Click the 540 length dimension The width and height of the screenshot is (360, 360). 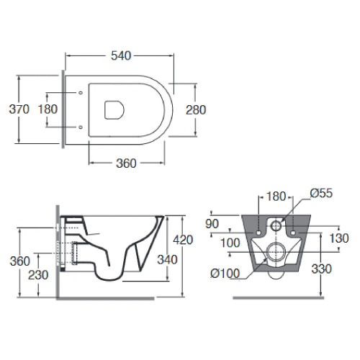[x=121, y=55]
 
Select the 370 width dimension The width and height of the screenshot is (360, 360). [x=19, y=109]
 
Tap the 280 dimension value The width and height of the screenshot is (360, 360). [x=196, y=110]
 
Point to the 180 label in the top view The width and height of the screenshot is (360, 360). [x=48, y=109]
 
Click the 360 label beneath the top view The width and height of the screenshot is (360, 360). [x=126, y=163]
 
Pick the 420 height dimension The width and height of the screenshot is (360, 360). [x=183, y=240]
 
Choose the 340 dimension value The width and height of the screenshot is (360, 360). [x=167, y=259]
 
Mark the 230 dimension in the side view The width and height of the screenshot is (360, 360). [x=38, y=275]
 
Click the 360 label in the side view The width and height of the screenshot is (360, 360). [x=20, y=261]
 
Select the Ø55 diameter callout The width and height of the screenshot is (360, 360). [x=321, y=193]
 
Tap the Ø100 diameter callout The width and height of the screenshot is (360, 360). [x=225, y=273]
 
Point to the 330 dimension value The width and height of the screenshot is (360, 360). [x=322, y=269]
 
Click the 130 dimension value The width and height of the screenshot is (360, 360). [x=339, y=238]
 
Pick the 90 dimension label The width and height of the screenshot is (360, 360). [x=212, y=224]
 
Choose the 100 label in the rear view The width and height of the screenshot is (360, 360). [x=230, y=243]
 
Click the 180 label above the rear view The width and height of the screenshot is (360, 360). [x=276, y=197]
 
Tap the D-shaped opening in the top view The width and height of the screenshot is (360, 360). [x=114, y=109]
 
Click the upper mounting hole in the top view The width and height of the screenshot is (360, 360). [x=81, y=92]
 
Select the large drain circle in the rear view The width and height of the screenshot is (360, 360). [x=276, y=252]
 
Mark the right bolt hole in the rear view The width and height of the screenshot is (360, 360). [x=293, y=233]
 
